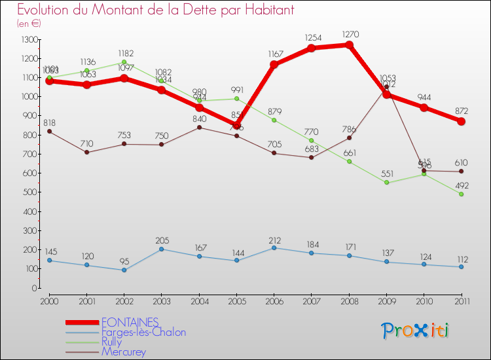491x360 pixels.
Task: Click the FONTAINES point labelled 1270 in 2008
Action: pyautogui.click(x=349, y=45)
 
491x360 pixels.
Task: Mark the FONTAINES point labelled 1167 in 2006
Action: pyautogui.click(x=274, y=65)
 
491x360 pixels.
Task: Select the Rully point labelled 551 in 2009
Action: pyautogui.click(x=386, y=183)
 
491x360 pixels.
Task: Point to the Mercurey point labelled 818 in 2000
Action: pyautogui.click(x=49, y=132)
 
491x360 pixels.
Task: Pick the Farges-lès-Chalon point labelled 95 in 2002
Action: pyautogui.click(x=124, y=270)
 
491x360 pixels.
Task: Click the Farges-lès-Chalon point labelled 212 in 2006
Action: pyautogui.click(x=274, y=247)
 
